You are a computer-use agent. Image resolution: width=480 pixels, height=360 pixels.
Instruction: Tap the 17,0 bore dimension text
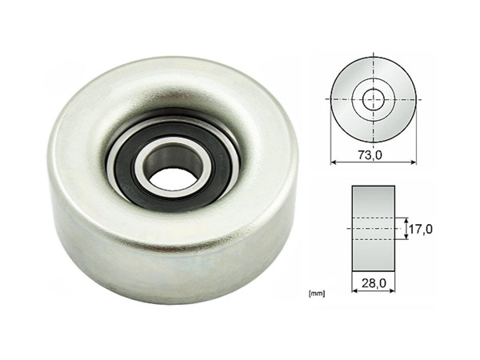tap(420, 229)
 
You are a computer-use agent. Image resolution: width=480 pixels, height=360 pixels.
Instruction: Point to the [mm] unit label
tap(315, 294)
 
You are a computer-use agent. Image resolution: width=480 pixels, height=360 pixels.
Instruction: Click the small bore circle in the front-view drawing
tap(373, 99)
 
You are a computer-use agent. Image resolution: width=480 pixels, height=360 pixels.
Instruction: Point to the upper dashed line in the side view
tap(374, 218)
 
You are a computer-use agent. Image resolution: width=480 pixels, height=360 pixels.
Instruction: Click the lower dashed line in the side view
tap(374, 238)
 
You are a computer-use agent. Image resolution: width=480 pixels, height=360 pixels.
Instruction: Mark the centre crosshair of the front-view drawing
tap(373, 99)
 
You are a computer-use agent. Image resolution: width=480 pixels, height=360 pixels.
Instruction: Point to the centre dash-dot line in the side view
tap(374, 229)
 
